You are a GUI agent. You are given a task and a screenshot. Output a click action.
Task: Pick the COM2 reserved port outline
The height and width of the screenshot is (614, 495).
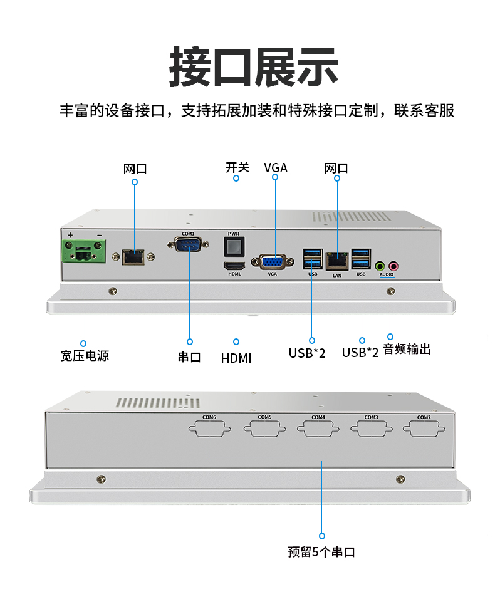coord(424,430)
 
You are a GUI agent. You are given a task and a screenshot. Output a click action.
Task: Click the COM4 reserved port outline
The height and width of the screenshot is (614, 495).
coord(318,430)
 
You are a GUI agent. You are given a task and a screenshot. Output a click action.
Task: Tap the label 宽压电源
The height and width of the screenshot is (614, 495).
coord(85,356)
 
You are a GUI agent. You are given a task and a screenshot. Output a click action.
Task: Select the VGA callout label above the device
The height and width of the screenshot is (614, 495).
coord(276,167)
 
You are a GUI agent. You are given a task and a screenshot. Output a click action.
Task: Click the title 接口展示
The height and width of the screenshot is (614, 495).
coord(247,66)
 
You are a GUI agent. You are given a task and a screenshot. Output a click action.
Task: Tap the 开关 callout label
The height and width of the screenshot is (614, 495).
coord(237,167)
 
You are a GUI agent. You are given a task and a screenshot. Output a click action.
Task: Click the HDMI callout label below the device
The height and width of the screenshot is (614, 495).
coord(236,358)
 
